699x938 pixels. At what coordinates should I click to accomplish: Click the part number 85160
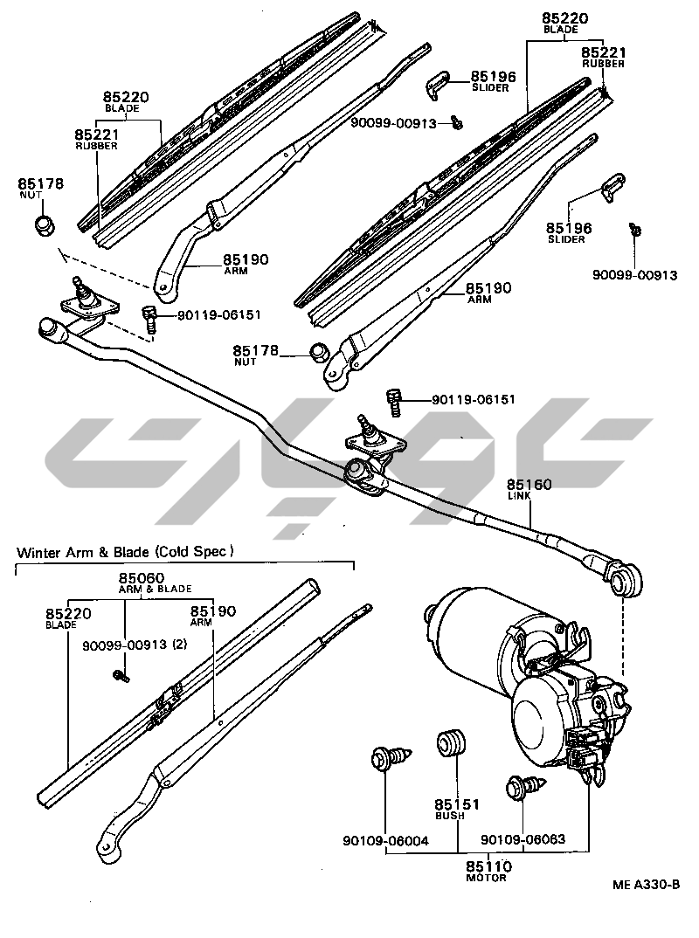pyautogui.click(x=529, y=485)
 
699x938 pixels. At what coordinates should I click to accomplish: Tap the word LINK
pyautogui.click(x=519, y=496)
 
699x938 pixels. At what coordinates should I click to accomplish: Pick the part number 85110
pyautogui.click(x=488, y=866)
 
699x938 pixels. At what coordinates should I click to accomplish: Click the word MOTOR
pyautogui.click(x=486, y=878)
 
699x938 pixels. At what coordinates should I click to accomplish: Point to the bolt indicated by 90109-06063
pyautogui.click(x=519, y=788)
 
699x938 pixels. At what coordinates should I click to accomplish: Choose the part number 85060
pyautogui.click(x=142, y=578)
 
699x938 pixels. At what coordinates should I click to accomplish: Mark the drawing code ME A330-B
pyautogui.click(x=646, y=885)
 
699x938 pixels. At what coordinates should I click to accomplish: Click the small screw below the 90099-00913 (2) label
pyautogui.click(x=121, y=674)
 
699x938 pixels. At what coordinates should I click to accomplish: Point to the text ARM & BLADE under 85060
pyautogui.click(x=156, y=590)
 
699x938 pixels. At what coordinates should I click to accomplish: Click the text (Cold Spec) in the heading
pyautogui.click(x=195, y=552)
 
